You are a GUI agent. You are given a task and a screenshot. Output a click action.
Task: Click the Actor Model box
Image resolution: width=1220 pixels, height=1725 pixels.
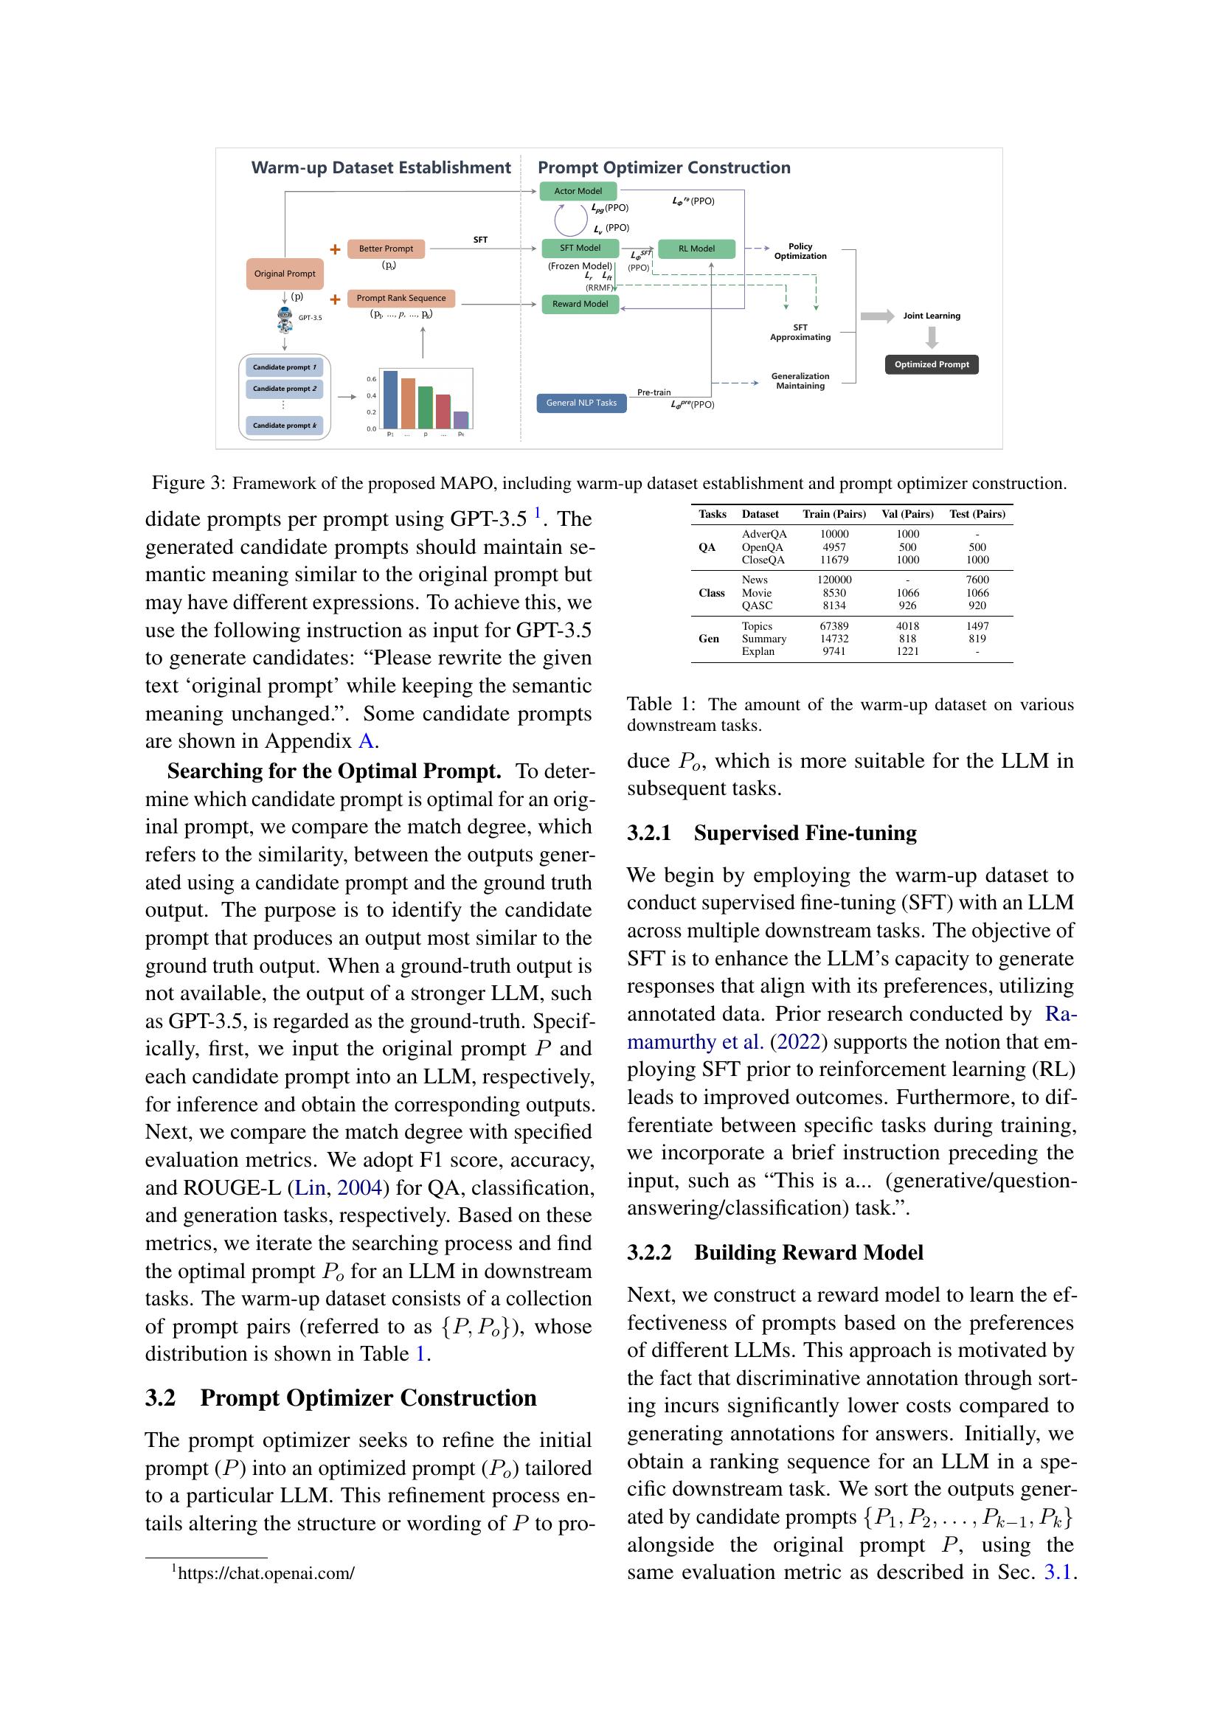578,191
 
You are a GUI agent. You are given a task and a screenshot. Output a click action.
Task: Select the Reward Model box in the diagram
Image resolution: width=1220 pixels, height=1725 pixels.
580,304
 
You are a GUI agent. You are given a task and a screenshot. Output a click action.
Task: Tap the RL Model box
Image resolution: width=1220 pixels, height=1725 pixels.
696,249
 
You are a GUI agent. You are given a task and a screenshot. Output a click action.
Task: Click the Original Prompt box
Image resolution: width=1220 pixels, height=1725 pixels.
285,274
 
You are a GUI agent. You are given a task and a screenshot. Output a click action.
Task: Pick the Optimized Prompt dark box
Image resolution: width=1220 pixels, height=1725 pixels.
932,364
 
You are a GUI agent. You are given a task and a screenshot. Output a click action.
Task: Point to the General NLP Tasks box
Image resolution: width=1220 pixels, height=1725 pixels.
580,403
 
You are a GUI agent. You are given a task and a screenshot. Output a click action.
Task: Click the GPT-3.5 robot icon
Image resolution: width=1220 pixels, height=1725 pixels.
285,319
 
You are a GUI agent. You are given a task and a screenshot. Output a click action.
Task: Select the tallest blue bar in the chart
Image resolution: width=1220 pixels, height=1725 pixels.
390,399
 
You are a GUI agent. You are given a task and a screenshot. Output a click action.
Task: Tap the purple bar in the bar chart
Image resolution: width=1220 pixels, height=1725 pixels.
461,419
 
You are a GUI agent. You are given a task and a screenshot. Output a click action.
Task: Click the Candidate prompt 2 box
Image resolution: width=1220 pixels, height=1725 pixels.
284,389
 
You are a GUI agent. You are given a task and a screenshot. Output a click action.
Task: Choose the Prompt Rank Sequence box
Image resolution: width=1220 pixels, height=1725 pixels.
401,298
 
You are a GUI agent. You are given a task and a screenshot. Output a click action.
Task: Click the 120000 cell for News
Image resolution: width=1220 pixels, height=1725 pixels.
834,579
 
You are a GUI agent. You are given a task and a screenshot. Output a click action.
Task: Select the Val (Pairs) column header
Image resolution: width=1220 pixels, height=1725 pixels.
907,514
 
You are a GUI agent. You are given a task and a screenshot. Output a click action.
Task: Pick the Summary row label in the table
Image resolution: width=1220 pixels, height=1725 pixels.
763,639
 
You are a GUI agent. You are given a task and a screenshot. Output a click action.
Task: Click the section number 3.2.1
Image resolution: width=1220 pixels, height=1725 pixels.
649,833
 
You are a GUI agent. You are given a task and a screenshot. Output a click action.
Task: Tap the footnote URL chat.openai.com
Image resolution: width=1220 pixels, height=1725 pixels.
266,1572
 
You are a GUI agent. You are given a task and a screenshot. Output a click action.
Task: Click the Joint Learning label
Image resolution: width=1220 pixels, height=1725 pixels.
932,316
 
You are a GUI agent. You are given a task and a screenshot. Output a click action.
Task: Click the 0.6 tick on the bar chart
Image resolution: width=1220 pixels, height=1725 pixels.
371,379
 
